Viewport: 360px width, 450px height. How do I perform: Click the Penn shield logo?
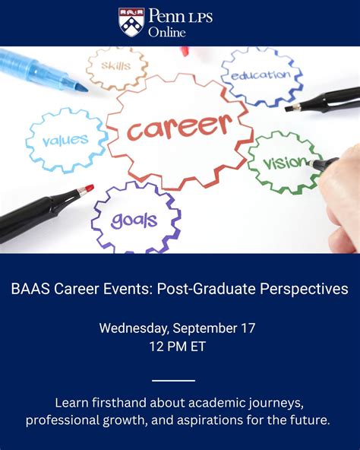(131, 22)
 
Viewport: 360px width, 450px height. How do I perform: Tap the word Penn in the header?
(166, 15)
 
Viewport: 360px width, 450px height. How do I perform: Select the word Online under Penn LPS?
(167, 32)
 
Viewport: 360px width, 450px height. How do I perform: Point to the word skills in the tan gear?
(115, 66)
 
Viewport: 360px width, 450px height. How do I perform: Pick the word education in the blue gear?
(261, 74)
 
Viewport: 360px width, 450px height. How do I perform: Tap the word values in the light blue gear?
(65, 140)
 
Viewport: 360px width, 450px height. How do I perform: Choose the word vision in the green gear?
(285, 163)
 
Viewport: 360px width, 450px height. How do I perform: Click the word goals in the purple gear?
(134, 220)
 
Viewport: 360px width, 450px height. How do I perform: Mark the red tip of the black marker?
(89, 189)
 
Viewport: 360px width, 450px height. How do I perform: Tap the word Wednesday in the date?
(134, 328)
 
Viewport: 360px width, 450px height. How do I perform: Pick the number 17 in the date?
(248, 328)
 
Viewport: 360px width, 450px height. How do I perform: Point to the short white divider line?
(173, 380)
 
